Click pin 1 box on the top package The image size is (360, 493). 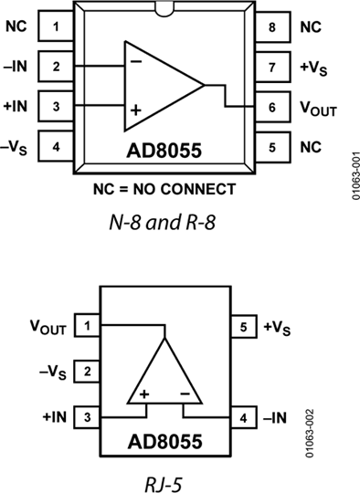coord(57,26)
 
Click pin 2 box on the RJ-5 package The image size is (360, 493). coord(87,371)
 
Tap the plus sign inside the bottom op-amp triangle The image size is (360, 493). coord(143,395)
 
